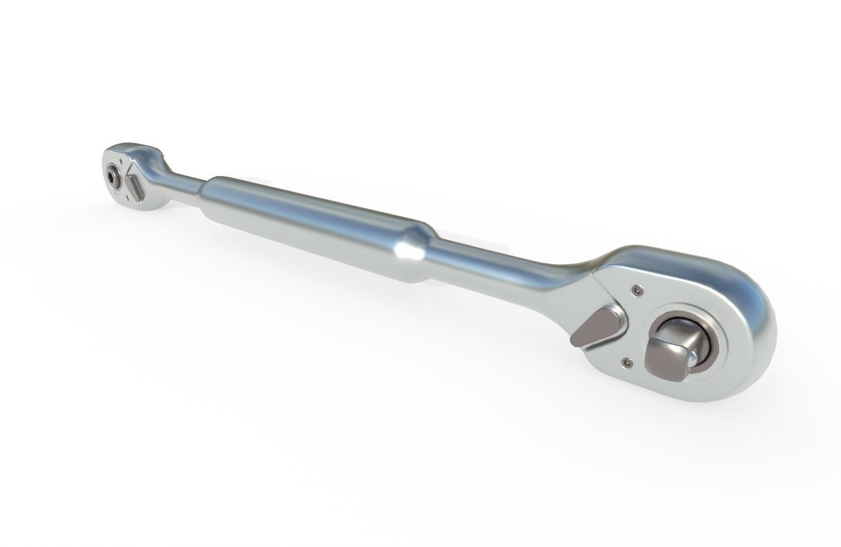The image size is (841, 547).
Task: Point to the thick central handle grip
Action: click(x=315, y=222)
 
